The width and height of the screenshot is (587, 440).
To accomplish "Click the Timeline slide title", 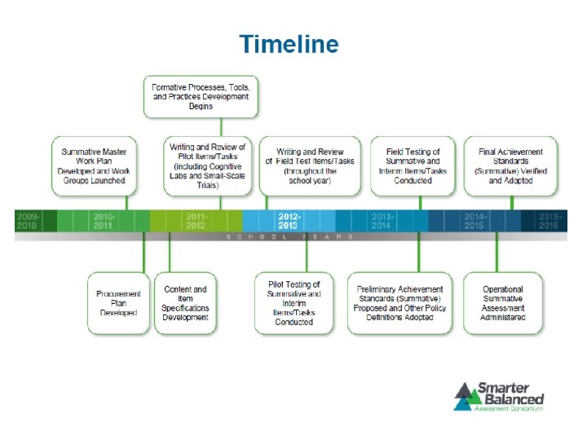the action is [289, 44].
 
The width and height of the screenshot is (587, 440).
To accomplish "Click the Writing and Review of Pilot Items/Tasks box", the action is [207, 165].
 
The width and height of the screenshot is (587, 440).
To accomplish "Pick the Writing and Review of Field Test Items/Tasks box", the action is [310, 165].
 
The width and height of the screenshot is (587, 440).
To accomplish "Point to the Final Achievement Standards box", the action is [511, 165].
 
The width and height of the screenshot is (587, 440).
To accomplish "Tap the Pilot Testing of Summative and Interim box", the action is [294, 303].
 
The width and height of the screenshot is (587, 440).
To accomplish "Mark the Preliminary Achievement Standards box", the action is [400, 303].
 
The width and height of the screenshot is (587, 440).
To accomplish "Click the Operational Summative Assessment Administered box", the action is [503, 303].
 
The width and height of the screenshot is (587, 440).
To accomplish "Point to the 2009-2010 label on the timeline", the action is [27, 221].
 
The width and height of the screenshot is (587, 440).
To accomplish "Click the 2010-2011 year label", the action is [104, 221].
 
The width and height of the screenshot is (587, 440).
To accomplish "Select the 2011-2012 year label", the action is [196, 221].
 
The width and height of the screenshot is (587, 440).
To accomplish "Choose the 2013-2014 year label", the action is [382, 221].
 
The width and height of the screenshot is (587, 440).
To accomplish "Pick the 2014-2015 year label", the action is [475, 221].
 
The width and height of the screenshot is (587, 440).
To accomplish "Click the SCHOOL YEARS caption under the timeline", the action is [289, 236].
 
